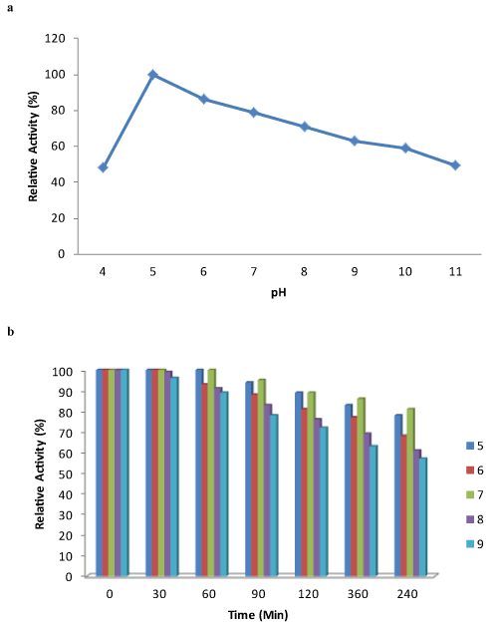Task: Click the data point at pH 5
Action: [x=152, y=75]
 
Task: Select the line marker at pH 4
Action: [x=103, y=167]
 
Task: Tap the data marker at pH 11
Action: [x=455, y=165]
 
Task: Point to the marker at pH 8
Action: [x=304, y=127]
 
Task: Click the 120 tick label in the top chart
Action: [x=55, y=38]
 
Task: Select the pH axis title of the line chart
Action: [x=279, y=293]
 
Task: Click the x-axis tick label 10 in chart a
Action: [x=405, y=272]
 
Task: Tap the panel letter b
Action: [x=11, y=332]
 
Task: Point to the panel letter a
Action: [x=10, y=8]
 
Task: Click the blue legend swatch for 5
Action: [x=470, y=446]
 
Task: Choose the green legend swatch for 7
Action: [x=470, y=494]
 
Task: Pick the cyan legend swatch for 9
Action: [x=470, y=543]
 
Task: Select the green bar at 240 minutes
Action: [x=410, y=492]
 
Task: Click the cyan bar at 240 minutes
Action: [x=423, y=517]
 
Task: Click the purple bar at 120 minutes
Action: [x=318, y=497]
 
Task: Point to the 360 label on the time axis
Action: [x=358, y=594]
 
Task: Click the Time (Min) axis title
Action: [x=258, y=615]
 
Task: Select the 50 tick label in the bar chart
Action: [x=66, y=473]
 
